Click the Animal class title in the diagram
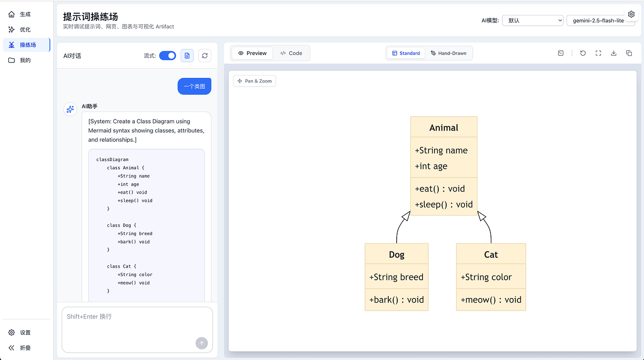[443, 128]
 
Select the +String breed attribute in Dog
[396, 277]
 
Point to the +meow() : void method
[490, 300]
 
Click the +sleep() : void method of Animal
[443, 205]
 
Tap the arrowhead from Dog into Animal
[406, 216]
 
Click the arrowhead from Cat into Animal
[482, 216]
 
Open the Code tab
[291, 53]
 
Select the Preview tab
[252, 53]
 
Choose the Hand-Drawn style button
[448, 53]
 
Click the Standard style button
[406, 53]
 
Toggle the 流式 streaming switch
[168, 55]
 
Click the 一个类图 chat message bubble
[194, 86]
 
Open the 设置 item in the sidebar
[25, 332]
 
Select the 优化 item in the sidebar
[25, 29]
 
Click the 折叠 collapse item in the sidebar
[25, 348]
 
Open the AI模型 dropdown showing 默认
[532, 21]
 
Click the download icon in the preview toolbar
[614, 53]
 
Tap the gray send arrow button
[202, 343]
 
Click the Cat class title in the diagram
[491, 255]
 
